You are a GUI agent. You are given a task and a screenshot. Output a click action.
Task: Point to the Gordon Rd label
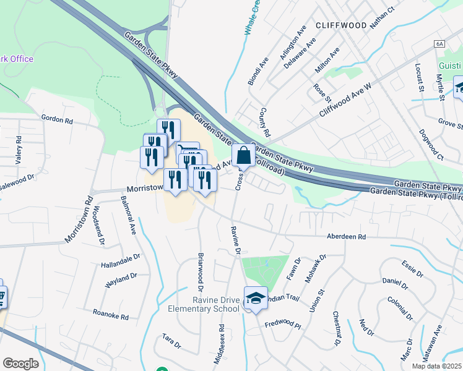(x=57, y=117)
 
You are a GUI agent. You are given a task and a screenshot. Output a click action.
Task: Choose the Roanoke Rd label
(x=110, y=315)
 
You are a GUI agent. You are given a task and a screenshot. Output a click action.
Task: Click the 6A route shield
(x=440, y=44)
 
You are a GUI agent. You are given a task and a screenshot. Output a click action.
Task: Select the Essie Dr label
(x=411, y=270)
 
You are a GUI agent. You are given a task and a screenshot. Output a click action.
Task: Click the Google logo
(x=20, y=364)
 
